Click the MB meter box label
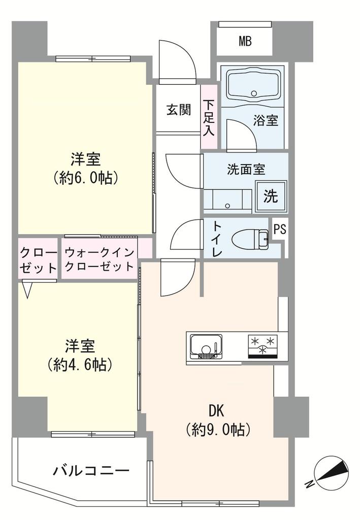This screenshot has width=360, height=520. (x=245, y=42)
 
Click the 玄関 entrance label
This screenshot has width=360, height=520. (x=179, y=110)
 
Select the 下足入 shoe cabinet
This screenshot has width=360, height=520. (x=209, y=117)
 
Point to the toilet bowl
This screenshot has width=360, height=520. (x=250, y=239)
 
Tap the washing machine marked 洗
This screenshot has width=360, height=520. (x=271, y=197)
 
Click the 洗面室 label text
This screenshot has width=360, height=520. (x=246, y=170)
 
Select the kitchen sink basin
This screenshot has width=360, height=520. (x=206, y=347)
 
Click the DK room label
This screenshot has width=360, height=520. (x=216, y=411)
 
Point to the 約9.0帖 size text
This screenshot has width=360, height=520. (x=217, y=430)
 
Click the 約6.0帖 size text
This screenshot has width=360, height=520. (x=85, y=178)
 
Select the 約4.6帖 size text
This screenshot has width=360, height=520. (x=80, y=365)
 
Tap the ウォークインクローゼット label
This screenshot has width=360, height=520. (x=100, y=259)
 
